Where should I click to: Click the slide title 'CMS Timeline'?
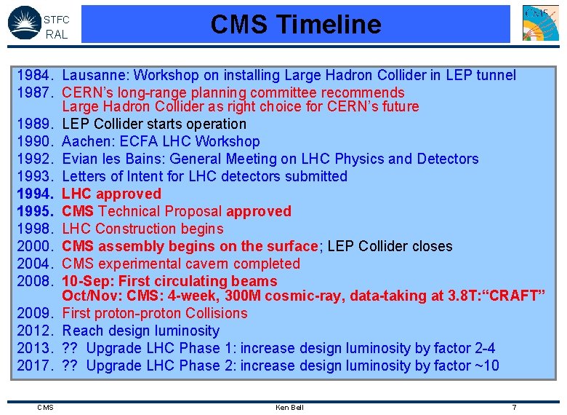pyautogui.click(x=295, y=24)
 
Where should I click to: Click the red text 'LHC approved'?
pyautogui.click(x=111, y=194)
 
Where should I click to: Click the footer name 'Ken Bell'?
pyautogui.click(x=289, y=407)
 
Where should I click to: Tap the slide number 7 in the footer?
pyautogui.click(x=514, y=407)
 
